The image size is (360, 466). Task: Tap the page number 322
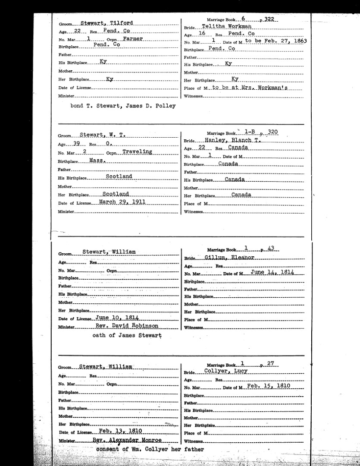click(272, 20)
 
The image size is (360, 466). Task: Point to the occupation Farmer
click(132, 39)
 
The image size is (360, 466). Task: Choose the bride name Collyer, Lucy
click(227, 372)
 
